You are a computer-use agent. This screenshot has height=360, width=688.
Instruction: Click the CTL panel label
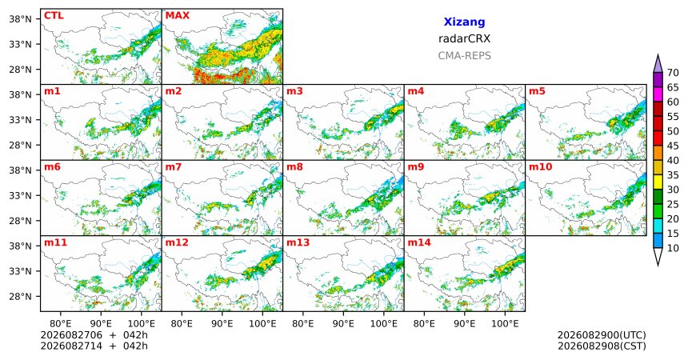pyautogui.click(x=54, y=16)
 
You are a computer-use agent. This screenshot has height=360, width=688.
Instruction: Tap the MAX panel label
pyautogui.click(x=178, y=16)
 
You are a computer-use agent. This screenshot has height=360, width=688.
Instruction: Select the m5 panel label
pyautogui.click(x=537, y=91)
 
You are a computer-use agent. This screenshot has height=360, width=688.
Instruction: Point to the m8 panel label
pyautogui.click(x=295, y=167)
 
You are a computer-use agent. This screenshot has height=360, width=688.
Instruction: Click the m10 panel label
pyautogui.click(x=541, y=167)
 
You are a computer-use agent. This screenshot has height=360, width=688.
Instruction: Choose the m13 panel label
pyautogui.click(x=298, y=242)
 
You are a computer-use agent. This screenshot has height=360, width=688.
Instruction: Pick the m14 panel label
pyautogui.click(x=419, y=242)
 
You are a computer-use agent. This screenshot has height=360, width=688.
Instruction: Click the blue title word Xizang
pyautogui.click(x=464, y=22)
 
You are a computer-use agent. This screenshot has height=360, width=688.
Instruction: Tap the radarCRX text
pyautogui.click(x=464, y=38)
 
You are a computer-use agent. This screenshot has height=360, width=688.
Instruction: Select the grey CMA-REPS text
pyautogui.click(x=464, y=56)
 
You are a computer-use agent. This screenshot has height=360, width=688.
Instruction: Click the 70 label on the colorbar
pyautogui.click(x=673, y=73)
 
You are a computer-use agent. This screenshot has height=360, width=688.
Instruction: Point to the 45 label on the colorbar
pyautogui.click(x=673, y=146)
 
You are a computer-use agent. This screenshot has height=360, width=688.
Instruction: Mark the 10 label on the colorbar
pyautogui.click(x=673, y=248)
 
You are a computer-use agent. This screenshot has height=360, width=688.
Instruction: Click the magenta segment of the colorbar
pyautogui.click(x=658, y=94)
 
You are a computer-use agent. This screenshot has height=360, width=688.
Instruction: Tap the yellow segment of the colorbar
pyautogui.click(x=658, y=182)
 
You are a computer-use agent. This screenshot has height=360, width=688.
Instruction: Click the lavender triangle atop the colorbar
pyautogui.click(x=658, y=65)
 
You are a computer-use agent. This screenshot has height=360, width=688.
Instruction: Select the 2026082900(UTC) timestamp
pyautogui.click(x=602, y=335)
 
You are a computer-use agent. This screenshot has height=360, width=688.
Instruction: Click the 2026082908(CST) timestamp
pyautogui.click(x=602, y=346)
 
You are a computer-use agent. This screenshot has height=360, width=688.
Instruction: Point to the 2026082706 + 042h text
pyautogui.click(x=94, y=335)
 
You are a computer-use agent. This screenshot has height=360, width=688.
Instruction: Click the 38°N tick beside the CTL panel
pyautogui.click(x=20, y=19)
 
